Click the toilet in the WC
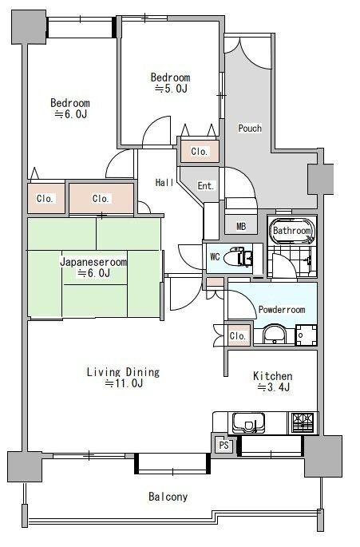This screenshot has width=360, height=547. pos(238,258)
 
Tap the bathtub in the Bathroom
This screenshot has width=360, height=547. pos(292,232)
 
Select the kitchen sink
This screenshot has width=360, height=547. pos(247,422)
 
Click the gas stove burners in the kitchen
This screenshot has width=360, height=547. pos(303,422)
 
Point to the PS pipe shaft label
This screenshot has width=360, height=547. pos(224,445)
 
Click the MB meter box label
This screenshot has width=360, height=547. pos(241,227)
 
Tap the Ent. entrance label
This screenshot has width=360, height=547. pos(205,186)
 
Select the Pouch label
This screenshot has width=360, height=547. pos(250,129)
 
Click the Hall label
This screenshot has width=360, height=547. pos(164,182)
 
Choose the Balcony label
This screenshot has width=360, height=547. pos(168,497)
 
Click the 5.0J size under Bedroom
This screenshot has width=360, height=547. pos(171,89)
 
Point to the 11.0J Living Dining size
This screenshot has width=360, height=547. pos(125,383)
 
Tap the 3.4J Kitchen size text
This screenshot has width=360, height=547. pos(274,387)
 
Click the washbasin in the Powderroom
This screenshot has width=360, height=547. pos(275,334)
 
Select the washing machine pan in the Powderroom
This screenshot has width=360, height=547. pos(307,335)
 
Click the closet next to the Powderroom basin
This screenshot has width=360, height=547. pos(239,335)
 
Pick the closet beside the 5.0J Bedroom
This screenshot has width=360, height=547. pos(200,152)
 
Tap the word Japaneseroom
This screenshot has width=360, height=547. pos(93,262)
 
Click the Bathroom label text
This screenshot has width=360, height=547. pos(292,231)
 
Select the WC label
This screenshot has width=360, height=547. pos(215,257)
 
